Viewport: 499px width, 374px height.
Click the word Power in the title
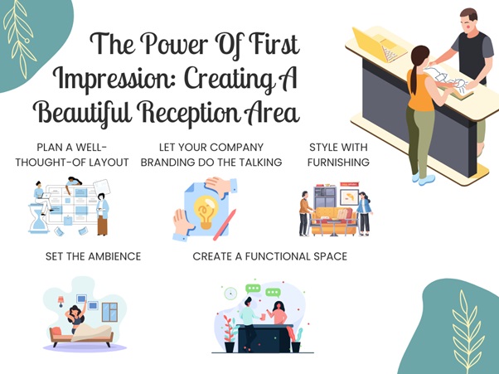coord(174,44)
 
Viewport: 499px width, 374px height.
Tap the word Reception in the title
coord(188,112)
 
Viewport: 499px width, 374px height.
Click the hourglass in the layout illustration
coord(38,220)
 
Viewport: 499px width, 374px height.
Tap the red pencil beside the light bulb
coord(225,225)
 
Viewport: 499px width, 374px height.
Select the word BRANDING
coord(167,163)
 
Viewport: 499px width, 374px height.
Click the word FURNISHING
coord(338,163)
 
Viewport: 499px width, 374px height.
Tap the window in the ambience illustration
coord(109,312)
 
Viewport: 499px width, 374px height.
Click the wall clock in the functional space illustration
coord(230,294)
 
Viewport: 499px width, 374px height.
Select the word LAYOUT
coord(109,163)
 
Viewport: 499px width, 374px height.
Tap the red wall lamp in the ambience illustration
coord(61,301)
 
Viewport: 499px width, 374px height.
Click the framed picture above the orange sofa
coord(350,197)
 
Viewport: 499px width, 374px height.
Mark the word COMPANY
coord(236,148)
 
